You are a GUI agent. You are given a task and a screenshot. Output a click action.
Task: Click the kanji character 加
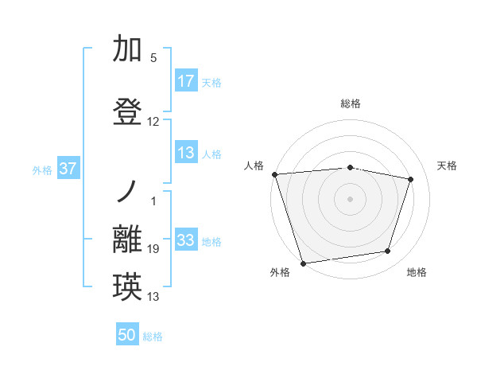tap(127, 49)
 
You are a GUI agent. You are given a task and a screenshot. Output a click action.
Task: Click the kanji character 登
tap(127, 111)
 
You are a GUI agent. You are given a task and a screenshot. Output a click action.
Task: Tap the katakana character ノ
tap(127, 191)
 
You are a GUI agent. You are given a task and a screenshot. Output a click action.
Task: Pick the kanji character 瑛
tap(127, 286)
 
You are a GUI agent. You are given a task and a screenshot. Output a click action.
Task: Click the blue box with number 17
tap(186, 81)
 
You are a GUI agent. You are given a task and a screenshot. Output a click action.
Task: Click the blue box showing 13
tap(186, 154)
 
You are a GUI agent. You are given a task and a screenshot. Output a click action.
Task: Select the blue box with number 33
tap(186, 241)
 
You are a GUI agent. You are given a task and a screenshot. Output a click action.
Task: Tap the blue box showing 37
tap(68, 169)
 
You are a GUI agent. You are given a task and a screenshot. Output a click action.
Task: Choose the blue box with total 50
tap(127, 335)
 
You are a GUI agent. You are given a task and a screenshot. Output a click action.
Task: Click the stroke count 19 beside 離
tap(153, 250)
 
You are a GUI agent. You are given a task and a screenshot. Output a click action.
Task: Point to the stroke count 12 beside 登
tap(153, 122)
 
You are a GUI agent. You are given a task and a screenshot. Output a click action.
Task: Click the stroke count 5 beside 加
tap(153, 58)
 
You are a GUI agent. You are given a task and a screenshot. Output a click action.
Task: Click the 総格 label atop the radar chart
tap(350, 103)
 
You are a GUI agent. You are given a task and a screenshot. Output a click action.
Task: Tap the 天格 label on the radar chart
tap(448, 166)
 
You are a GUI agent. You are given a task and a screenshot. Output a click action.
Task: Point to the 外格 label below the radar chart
tap(280, 273)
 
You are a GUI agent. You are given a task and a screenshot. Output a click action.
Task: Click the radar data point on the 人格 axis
tap(274, 174)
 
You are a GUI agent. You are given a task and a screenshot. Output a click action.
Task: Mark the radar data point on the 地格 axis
tap(388, 251)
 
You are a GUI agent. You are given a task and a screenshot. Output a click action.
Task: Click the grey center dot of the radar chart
tap(350, 198)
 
